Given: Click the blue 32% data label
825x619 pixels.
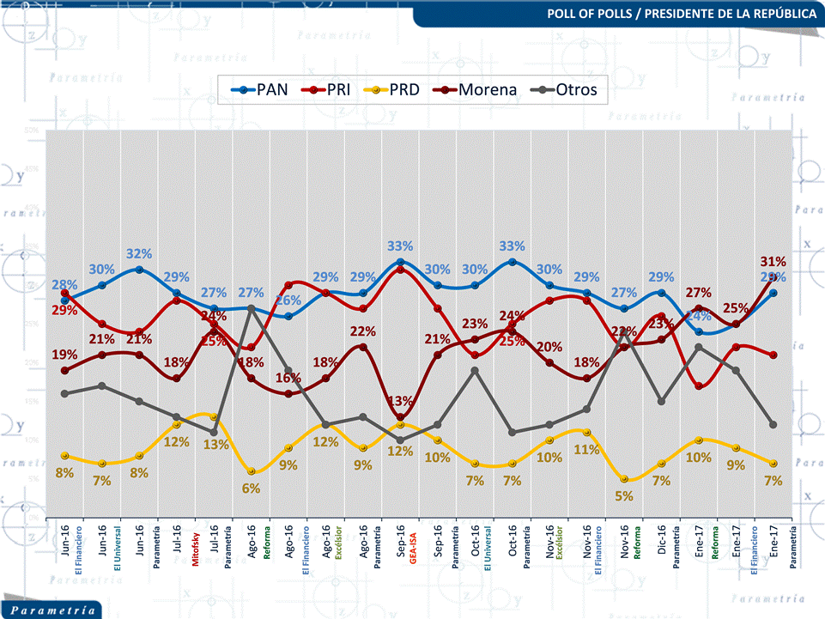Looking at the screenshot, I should pos(140,254).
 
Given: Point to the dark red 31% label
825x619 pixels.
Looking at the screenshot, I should pos(773,261).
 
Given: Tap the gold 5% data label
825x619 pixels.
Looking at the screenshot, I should pos(624,495).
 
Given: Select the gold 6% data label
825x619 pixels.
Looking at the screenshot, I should pos(251,488).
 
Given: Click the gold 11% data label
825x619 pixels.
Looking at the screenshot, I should pos(586,449).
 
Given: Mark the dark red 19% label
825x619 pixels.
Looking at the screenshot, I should pos(64,355).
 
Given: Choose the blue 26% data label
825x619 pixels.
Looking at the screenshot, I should pos(288,300).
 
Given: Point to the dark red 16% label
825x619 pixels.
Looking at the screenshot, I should pos(288,378).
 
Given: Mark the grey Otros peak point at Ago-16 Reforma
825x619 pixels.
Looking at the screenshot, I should pos(251,308).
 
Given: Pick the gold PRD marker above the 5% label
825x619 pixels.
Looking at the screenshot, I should pos(624,479).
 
